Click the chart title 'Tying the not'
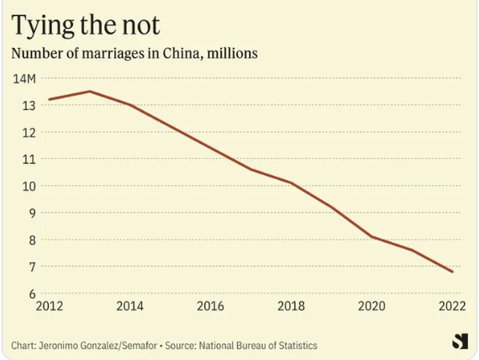(x=86, y=25)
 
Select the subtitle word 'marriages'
(x=113, y=54)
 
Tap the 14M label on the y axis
(x=24, y=79)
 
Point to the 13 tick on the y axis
(x=29, y=106)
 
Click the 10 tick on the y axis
(x=29, y=186)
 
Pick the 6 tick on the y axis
(x=33, y=294)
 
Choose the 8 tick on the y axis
(x=33, y=240)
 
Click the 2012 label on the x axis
(x=50, y=306)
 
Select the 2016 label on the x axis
(x=210, y=306)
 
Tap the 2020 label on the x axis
(x=371, y=306)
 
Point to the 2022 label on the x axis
(x=452, y=306)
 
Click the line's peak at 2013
(x=90, y=91)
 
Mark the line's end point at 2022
(x=452, y=272)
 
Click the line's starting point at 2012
(x=50, y=99)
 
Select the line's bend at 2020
(x=371, y=236)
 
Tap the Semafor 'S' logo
(x=460, y=341)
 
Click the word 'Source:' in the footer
(x=181, y=346)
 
